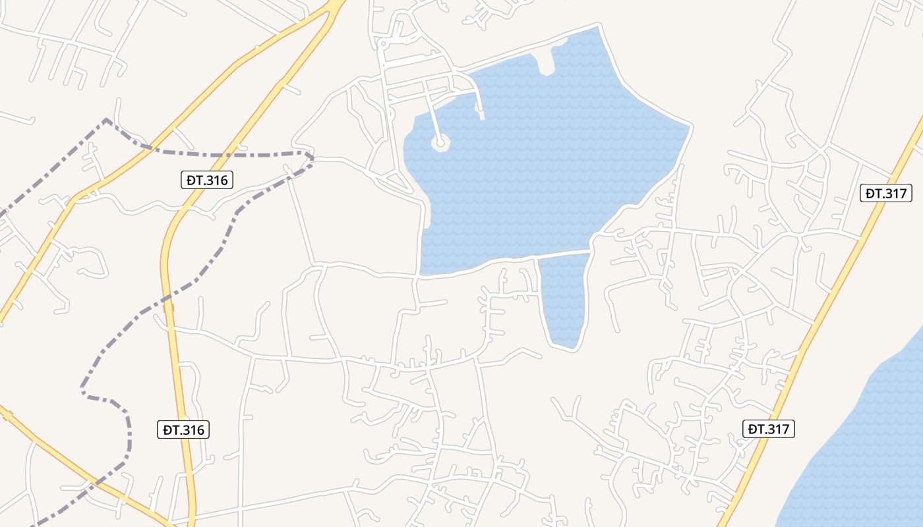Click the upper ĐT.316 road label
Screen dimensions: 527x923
(x=207, y=179)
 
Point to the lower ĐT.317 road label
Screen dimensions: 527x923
(x=769, y=429)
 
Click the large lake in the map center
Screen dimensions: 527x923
(x=541, y=165)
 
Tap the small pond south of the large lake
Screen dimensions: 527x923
(x=564, y=296)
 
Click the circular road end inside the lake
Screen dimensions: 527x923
(x=440, y=142)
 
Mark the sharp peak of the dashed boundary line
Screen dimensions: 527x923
(x=106, y=120)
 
